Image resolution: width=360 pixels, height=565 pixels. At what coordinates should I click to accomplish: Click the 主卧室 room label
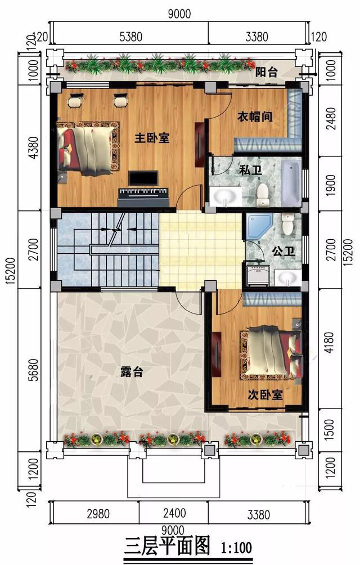152,138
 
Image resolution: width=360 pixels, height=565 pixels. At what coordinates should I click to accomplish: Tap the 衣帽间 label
254,116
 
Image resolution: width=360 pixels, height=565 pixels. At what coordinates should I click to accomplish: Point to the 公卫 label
283,251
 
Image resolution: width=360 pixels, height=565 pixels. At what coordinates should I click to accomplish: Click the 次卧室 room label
265,395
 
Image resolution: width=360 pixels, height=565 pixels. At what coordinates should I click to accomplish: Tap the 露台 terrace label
132,372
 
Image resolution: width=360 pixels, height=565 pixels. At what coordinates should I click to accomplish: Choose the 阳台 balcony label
267,71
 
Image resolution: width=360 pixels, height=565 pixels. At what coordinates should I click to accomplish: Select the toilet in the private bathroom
262,195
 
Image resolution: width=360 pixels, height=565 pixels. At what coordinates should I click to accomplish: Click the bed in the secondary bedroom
271,352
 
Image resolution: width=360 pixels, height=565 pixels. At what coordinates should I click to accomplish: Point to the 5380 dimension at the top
130,37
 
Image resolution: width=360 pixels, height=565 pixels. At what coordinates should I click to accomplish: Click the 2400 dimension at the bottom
174,513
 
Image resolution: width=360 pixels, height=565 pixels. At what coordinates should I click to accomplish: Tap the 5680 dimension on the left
34,370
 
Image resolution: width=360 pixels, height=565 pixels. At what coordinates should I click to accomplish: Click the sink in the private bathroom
226,196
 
